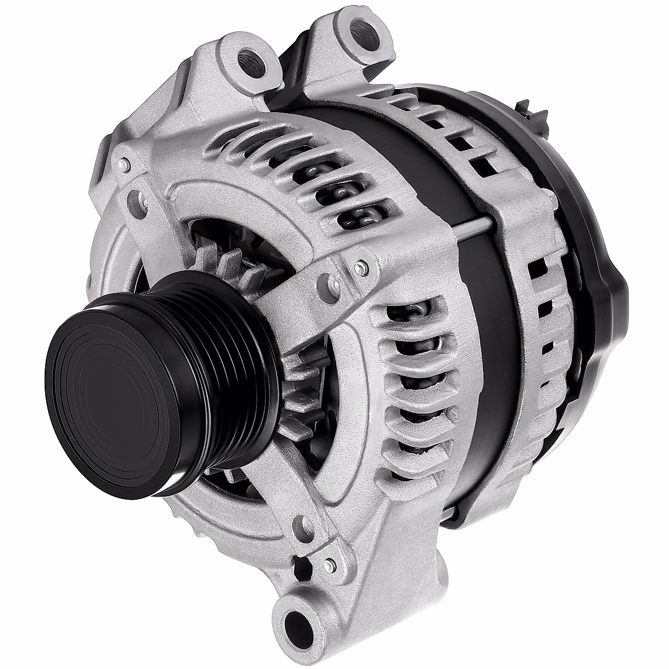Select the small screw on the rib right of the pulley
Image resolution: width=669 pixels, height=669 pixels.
point(362,266)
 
